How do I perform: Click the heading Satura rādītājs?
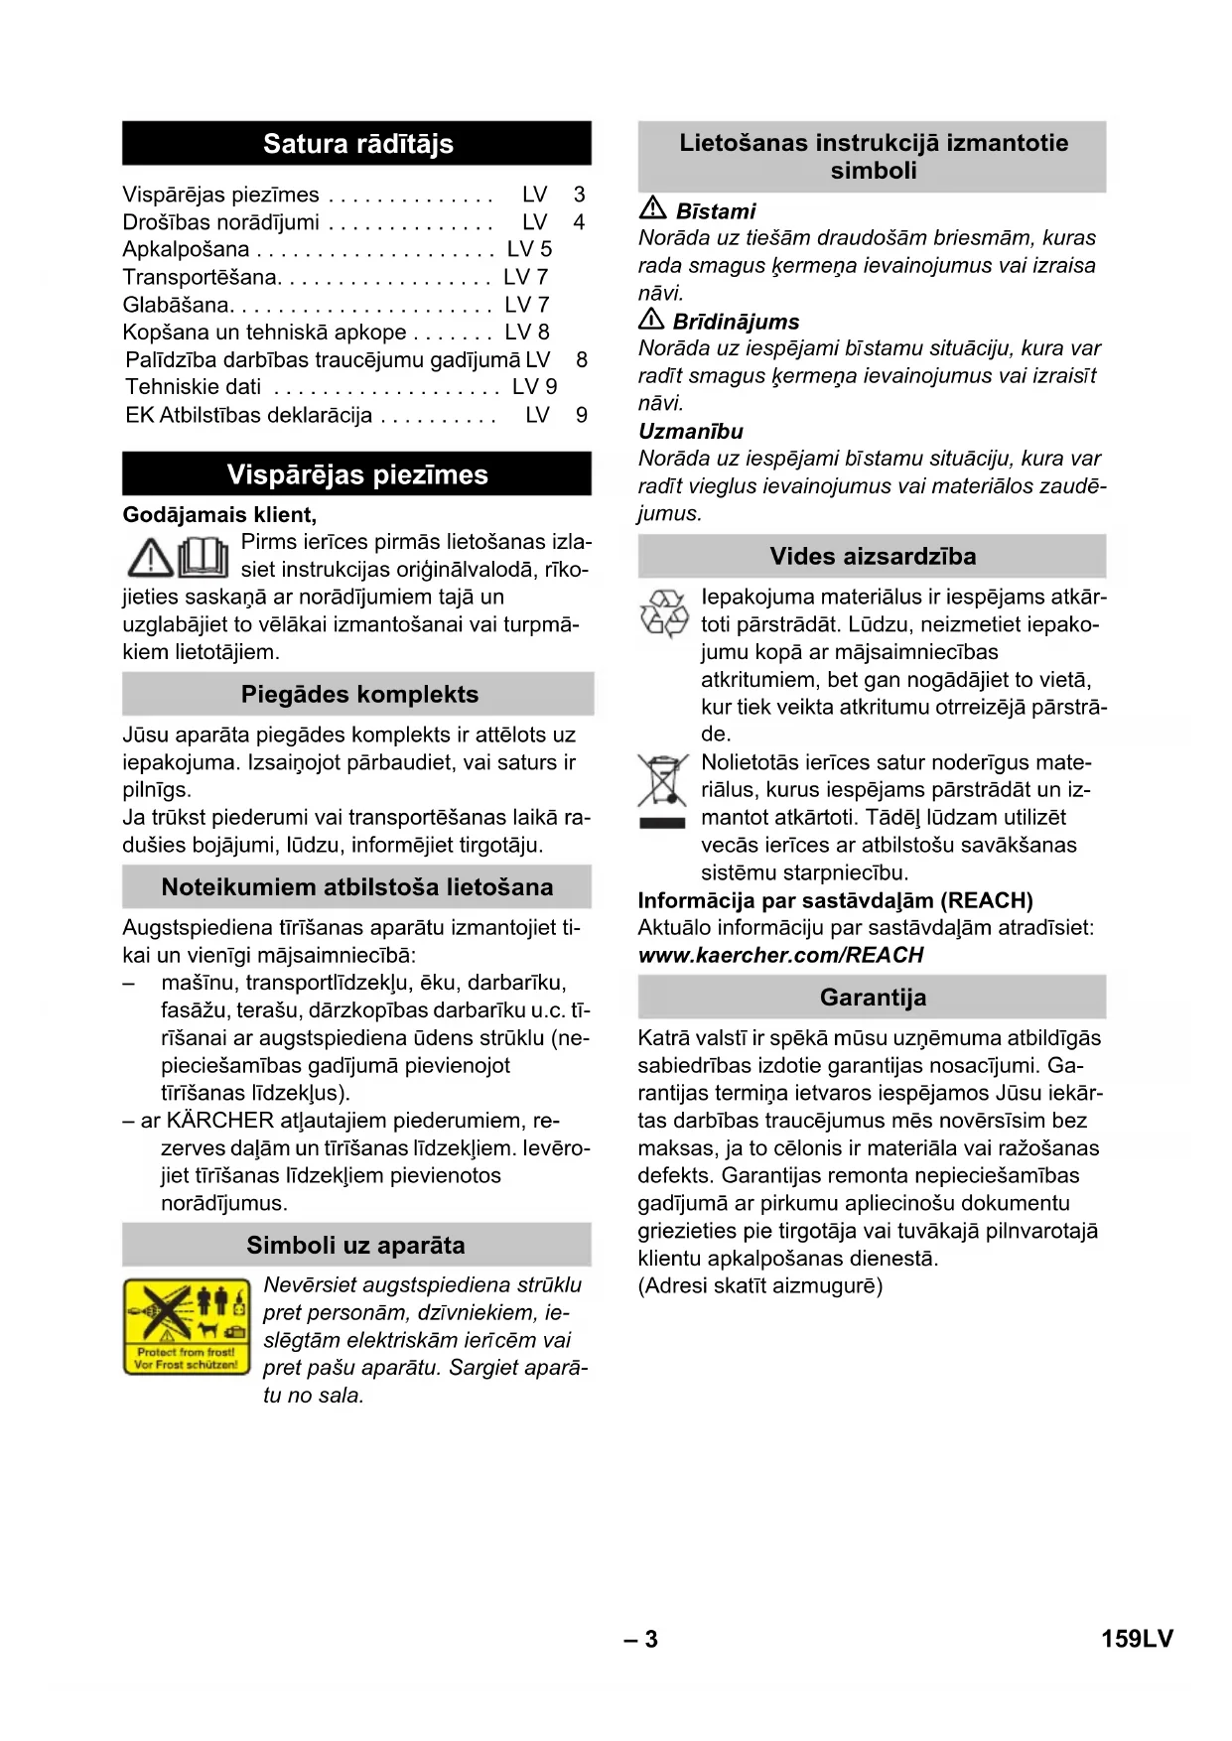(357, 144)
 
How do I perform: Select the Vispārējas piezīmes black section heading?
(357, 474)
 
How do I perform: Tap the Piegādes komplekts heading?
(359, 694)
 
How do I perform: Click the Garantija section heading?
(873, 997)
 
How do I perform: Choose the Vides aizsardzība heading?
(873, 556)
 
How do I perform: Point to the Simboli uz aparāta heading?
(355, 1245)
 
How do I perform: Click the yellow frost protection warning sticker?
(187, 1327)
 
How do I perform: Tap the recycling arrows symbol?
(664, 612)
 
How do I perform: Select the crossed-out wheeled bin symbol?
(662, 782)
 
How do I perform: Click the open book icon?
(204, 557)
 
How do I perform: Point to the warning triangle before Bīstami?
(652, 208)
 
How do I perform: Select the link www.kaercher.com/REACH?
(780, 955)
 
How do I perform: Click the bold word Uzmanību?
(690, 431)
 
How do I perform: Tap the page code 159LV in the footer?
(1137, 1639)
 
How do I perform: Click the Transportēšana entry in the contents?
(201, 277)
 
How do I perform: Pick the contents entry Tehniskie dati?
(194, 387)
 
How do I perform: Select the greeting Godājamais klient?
(219, 514)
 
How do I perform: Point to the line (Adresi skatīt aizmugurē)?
(759, 1285)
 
